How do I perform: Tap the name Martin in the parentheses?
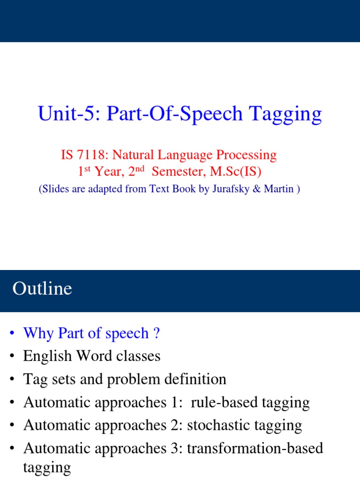click(x=279, y=189)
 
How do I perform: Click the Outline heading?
click(x=42, y=288)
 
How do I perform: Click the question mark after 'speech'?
click(x=157, y=333)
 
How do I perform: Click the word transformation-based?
click(x=255, y=448)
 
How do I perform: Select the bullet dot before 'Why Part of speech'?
click(x=11, y=334)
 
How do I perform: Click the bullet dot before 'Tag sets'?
click(x=11, y=379)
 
